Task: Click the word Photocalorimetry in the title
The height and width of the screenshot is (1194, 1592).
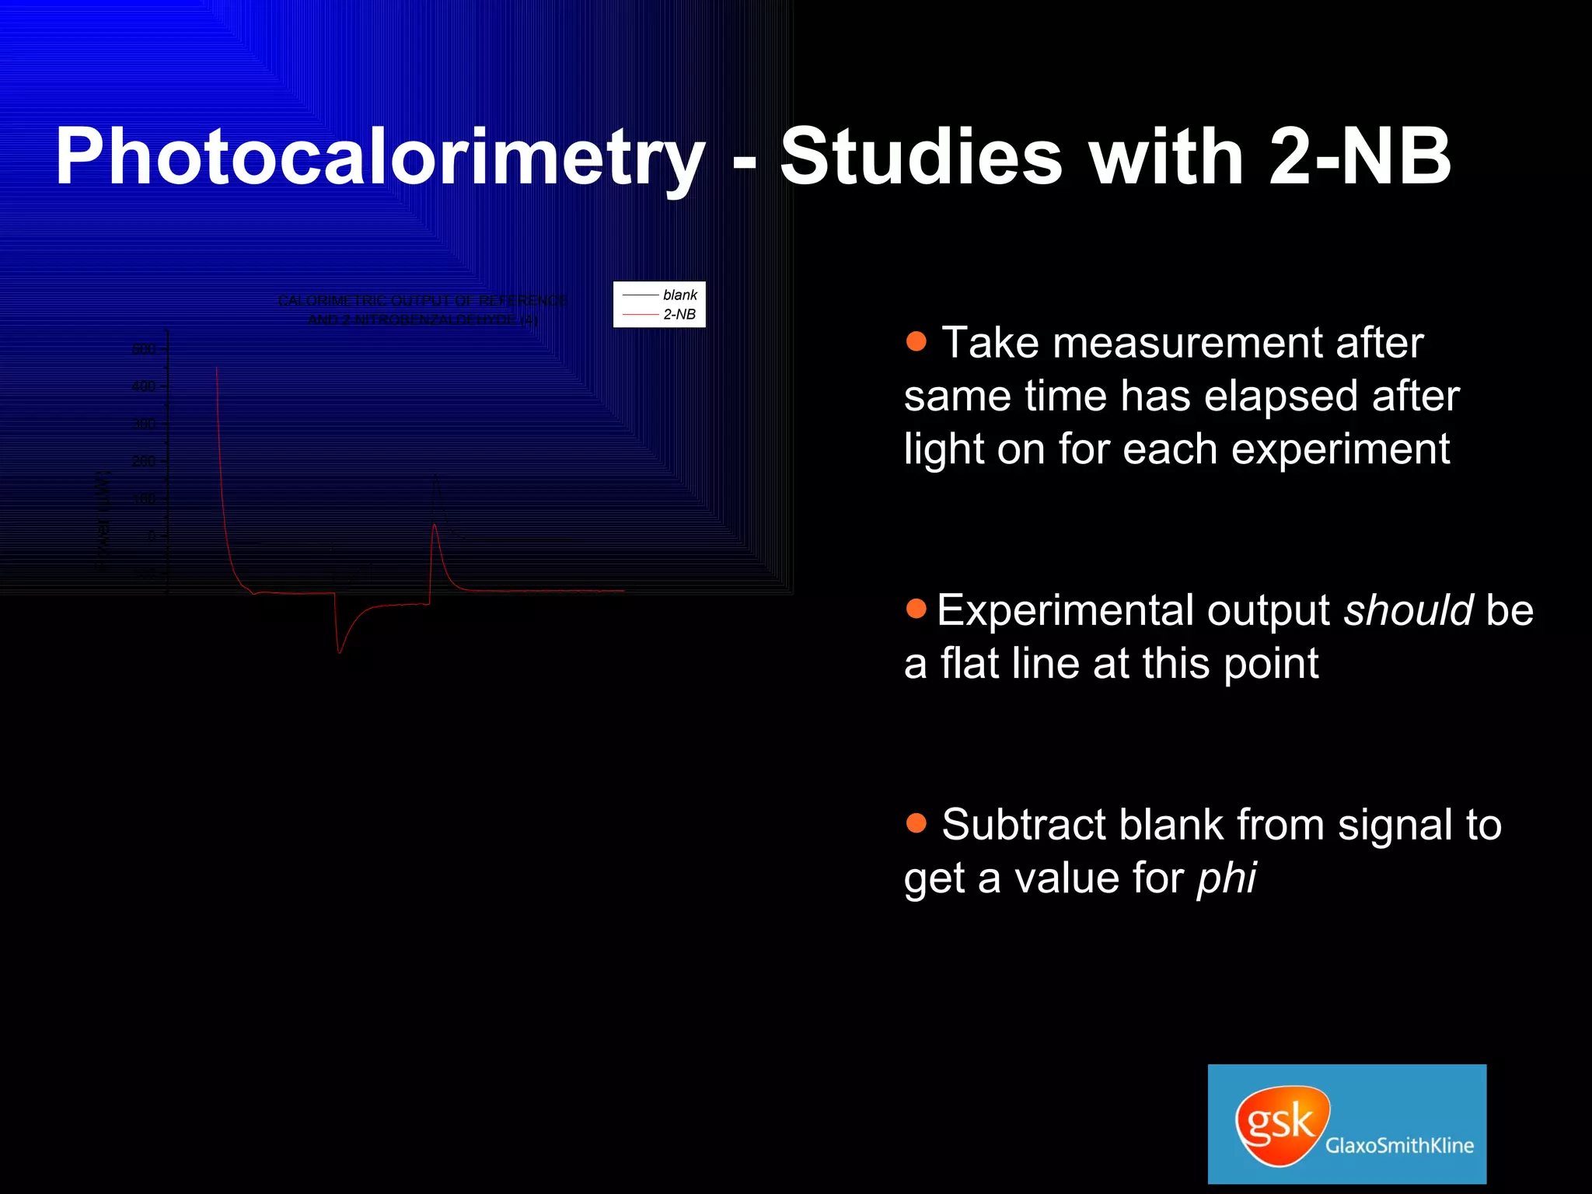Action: (x=379, y=158)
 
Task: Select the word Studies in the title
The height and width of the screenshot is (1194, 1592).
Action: (x=921, y=158)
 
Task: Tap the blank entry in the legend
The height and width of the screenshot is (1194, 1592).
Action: (x=679, y=295)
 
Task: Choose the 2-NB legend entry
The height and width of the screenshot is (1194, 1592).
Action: (x=679, y=314)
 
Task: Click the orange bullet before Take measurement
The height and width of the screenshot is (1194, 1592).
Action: (x=916, y=341)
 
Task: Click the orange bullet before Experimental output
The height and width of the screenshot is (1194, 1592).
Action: (x=916, y=609)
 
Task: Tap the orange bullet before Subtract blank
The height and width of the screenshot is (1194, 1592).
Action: (x=916, y=823)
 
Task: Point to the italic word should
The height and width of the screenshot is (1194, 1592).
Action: (x=1408, y=610)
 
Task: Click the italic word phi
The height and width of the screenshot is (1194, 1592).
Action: (x=1226, y=878)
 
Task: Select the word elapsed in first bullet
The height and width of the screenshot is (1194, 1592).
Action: (x=1283, y=396)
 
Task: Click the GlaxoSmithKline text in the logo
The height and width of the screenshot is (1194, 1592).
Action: (x=1399, y=1145)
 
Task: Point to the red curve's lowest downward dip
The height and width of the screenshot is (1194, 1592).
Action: (x=340, y=651)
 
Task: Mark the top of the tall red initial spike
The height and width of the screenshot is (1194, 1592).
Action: (x=217, y=368)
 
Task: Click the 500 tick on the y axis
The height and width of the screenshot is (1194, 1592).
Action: (x=144, y=349)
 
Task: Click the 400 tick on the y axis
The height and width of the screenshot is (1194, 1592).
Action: (x=144, y=386)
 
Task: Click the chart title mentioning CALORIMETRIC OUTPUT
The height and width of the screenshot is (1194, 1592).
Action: (x=422, y=309)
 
